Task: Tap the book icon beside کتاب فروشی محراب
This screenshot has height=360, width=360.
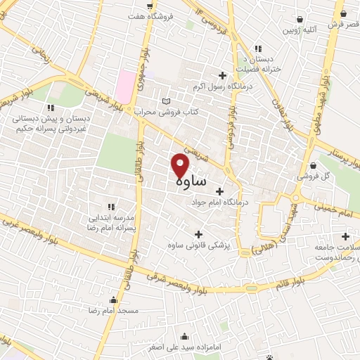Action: (x=166, y=102)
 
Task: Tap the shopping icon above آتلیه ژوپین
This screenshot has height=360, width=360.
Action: (x=301, y=20)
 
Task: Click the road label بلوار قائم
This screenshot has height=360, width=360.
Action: (x=290, y=282)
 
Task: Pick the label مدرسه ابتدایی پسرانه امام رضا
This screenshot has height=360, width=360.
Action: (x=112, y=223)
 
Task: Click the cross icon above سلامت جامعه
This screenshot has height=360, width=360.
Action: (x=345, y=236)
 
